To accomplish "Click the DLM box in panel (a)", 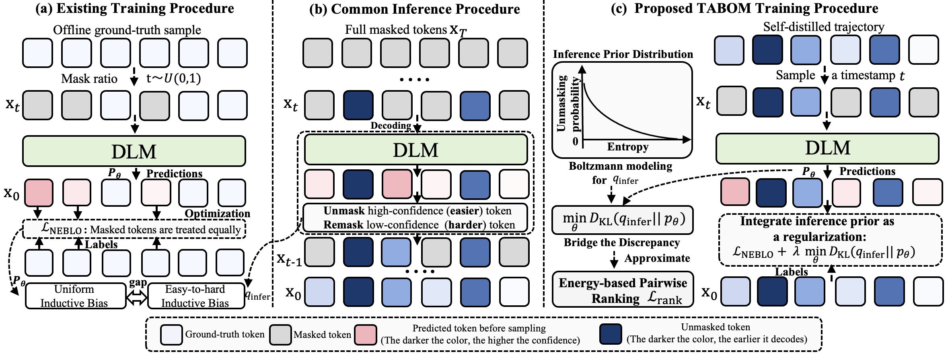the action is [134, 151].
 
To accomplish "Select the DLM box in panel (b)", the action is [416, 150].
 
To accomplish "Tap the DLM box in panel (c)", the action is [827, 148].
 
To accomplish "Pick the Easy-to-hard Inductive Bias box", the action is [196, 296].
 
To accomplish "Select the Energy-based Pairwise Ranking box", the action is [623, 290].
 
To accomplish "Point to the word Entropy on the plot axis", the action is [627, 147].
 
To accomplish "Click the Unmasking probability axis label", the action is [569, 104].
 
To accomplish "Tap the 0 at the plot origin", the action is [576, 141].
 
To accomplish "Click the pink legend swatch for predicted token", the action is [366, 335].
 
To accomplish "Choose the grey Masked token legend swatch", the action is [280, 335].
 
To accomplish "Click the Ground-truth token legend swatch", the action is [171, 335].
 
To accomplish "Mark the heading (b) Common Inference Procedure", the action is [414, 9].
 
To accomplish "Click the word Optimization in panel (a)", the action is [217, 213].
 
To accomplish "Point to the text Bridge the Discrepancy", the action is [622, 243].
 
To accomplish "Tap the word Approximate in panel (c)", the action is [657, 258].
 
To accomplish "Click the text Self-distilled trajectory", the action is [824, 27].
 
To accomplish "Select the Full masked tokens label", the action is [406, 30].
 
